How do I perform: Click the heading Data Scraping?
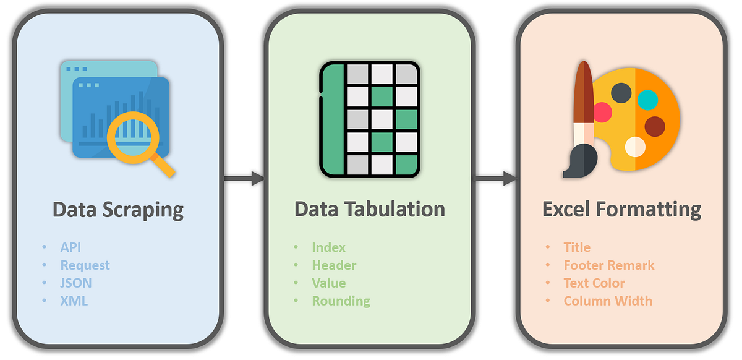coord(117,210)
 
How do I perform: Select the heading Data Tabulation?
coord(369,209)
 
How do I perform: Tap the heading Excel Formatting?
coord(621,209)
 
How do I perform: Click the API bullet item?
coord(70,247)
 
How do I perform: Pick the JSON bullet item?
coord(76,283)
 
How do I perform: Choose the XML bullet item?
coord(74,301)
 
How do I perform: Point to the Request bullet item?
coord(85,265)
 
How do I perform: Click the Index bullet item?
coord(328,247)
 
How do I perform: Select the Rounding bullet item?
coord(341,301)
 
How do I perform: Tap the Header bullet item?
coord(334,265)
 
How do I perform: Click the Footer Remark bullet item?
coord(608,265)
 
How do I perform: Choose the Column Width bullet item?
coord(607,301)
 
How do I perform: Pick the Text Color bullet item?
coord(594,283)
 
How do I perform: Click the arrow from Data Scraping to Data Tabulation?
coord(244,179)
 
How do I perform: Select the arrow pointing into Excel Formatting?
coord(495,179)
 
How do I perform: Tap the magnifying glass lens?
coord(130,131)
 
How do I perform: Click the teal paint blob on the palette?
coord(647,99)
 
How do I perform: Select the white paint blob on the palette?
coord(635,147)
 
